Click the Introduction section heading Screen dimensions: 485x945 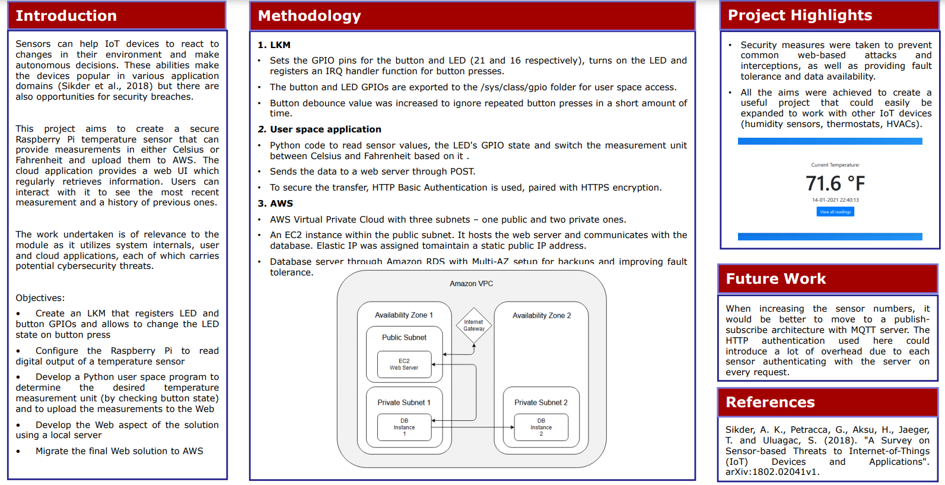[x=66, y=16]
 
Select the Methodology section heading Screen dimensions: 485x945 [x=309, y=16]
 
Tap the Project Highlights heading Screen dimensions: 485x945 [x=800, y=15]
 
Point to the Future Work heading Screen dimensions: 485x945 [x=775, y=279]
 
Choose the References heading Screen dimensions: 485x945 [x=770, y=402]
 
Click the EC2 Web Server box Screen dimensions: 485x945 [x=404, y=364]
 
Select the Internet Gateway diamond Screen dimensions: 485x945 [x=474, y=325]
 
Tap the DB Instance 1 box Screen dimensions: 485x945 [x=404, y=427]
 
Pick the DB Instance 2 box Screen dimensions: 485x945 [x=541, y=427]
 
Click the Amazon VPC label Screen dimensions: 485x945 [x=471, y=284]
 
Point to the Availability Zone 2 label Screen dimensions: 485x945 [x=542, y=316]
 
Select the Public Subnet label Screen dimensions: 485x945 [x=404, y=338]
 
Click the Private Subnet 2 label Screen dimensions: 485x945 [x=540, y=402]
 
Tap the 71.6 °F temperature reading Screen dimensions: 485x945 [x=835, y=183]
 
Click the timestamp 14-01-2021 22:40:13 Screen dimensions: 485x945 [x=835, y=200]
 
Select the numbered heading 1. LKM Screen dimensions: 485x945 [x=274, y=45]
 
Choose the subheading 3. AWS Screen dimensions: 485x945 [x=275, y=204]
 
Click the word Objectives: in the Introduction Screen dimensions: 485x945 [x=40, y=298]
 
